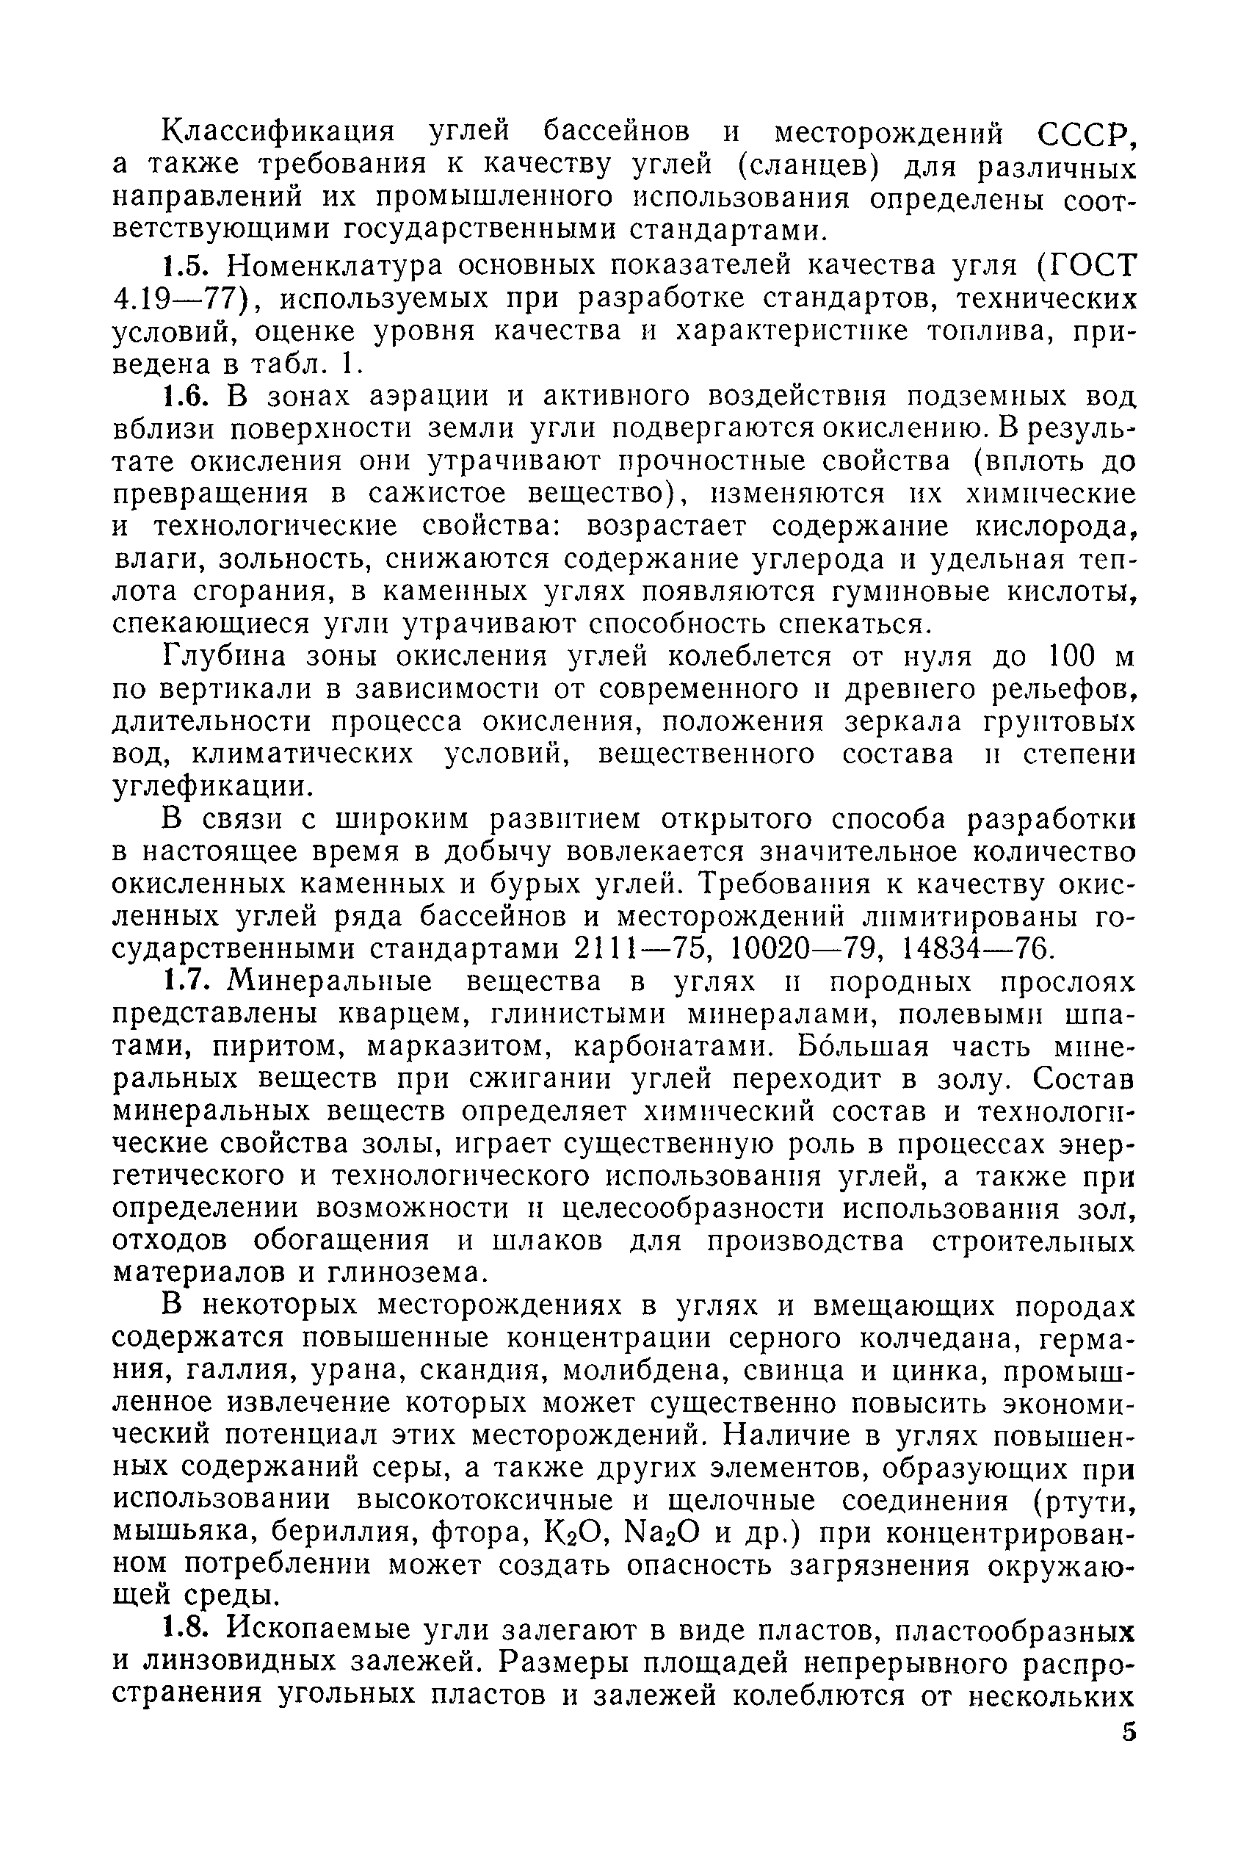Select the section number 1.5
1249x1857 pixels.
[188, 264]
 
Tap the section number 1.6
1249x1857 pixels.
[188, 396]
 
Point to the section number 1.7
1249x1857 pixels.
[188, 981]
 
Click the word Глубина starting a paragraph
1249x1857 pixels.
[220, 657]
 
